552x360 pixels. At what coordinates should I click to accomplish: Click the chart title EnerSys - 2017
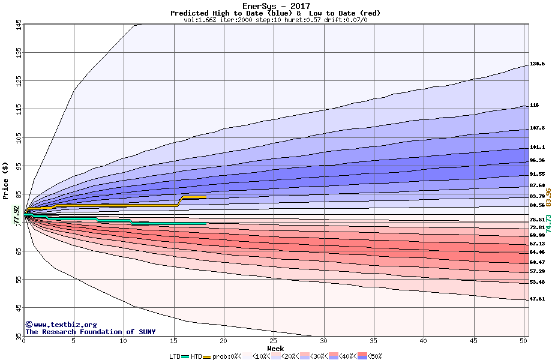(276, 7)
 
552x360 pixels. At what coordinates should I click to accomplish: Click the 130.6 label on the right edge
(537, 64)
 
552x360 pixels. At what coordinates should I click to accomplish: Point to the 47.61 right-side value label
(537, 299)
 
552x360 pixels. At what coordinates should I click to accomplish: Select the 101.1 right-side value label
(537, 147)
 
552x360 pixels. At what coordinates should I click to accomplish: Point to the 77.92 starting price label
(17, 215)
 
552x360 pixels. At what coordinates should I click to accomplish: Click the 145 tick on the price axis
(19, 25)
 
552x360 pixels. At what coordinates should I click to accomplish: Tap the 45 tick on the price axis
(19, 308)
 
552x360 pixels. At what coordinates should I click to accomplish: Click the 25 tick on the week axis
(274, 341)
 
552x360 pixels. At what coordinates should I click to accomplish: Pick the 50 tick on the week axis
(523, 341)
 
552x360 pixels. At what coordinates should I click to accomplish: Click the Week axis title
(275, 348)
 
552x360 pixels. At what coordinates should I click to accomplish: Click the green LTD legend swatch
(185, 356)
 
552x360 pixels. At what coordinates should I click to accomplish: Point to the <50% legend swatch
(361, 356)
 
